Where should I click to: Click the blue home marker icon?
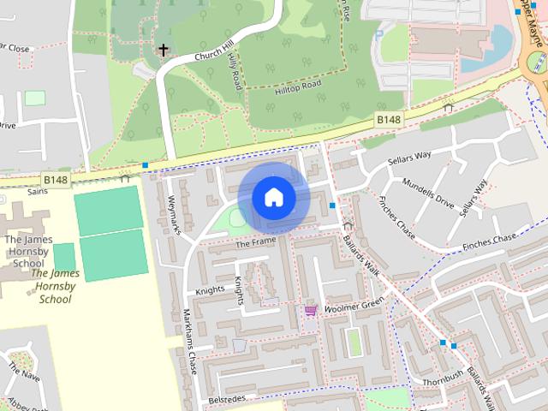273,198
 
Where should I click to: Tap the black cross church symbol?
163,51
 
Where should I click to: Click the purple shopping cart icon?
310,310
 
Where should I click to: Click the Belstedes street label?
227,400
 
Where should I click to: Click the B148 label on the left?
56,180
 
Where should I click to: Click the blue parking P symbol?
379,36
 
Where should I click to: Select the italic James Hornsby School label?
55,286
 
